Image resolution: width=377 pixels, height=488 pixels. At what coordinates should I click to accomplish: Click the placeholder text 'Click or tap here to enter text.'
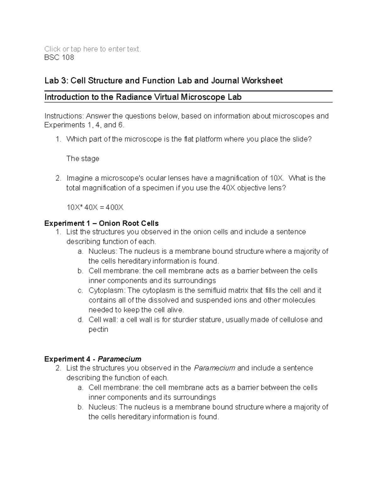tap(93, 49)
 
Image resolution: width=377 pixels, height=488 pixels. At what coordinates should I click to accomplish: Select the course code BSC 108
tap(59, 58)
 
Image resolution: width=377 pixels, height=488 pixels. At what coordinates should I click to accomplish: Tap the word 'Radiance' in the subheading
tap(131, 97)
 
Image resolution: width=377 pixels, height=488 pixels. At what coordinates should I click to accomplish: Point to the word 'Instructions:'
tap(64, 116)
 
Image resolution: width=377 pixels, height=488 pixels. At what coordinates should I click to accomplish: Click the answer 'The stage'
tap(83, 159)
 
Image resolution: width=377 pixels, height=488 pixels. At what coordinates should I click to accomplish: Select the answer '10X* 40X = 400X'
tap(95, 207)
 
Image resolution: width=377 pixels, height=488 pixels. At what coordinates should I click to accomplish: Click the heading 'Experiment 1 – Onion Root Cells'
tap(101, 223)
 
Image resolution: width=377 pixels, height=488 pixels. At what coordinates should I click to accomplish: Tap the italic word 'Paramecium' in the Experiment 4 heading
tap(119, 359)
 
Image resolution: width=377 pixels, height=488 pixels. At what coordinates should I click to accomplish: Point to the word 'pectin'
tap(98, 330)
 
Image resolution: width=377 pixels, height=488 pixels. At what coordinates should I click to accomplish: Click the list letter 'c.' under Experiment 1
tap(80, 290)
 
